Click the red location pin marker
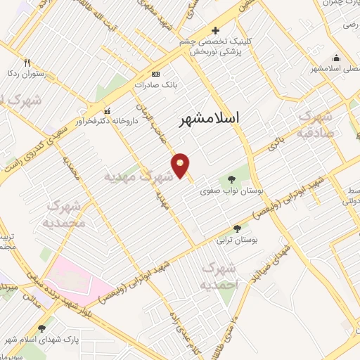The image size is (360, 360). point(181,165)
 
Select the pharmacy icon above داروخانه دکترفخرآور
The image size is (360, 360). point(107,111)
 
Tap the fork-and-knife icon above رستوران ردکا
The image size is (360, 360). point(27,61)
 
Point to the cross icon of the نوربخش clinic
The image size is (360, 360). point(215,30)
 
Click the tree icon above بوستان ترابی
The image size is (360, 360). point(236,229)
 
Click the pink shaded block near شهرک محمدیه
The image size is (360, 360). point(74,281)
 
